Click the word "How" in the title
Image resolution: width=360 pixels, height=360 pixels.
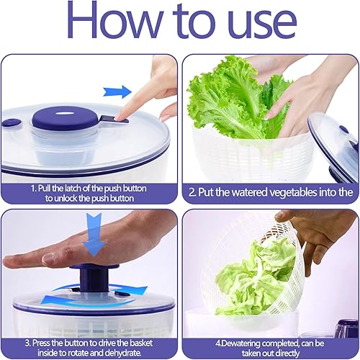(x=114, y=19)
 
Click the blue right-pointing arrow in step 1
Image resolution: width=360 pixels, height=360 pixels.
(x=117, y=92)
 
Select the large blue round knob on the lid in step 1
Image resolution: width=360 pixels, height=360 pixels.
(x=64, y=118)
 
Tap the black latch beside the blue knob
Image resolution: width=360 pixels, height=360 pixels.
(x=114, y=119)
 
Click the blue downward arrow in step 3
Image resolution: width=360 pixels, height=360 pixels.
(x=94, y=235)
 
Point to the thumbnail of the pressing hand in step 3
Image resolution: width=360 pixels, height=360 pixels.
(x=49, y=258)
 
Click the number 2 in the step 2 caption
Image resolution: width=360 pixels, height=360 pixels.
(x=192, y=193)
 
